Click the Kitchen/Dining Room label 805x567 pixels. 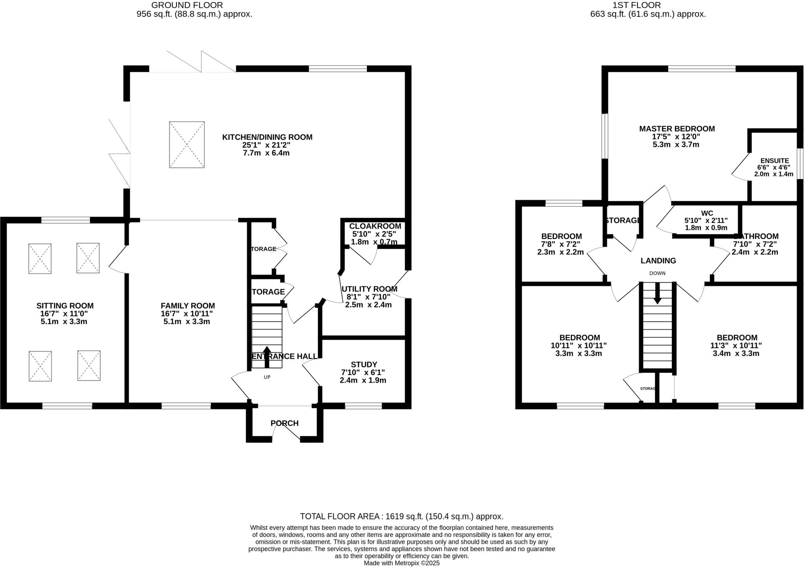click(x=267, y=137)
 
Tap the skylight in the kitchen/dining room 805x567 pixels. click(x=187, y=145)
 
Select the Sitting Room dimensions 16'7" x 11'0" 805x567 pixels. click(x=64, y=314)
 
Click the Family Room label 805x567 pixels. click(x=187, y=306)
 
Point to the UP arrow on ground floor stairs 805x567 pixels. click(x=267, y=356)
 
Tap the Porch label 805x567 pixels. click(x=285, y=423)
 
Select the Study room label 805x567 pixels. click(x=364, y=365)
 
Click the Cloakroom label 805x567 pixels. click(x=375, y=226)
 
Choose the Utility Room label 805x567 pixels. click(x=369, y=289)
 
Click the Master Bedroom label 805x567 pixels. click(x=676, y=128)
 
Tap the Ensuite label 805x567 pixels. click(x=774, y=161)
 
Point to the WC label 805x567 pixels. click(x=707, y=213)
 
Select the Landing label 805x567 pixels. click(x=658, y=261)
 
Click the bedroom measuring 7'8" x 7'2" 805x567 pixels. click(x=561, y=244)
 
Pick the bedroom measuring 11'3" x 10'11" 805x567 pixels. click(x=737, y=345)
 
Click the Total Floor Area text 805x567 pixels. click(x=401, y=516)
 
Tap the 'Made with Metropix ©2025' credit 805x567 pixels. click(x=401, y=563)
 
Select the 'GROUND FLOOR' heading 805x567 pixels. click(x=187, y=5)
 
